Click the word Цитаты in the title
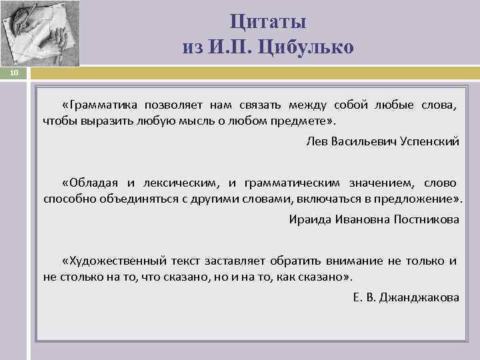[268, 22]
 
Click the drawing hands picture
[40, 33]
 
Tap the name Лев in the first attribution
[316, 142]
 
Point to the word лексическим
[184, 182]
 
